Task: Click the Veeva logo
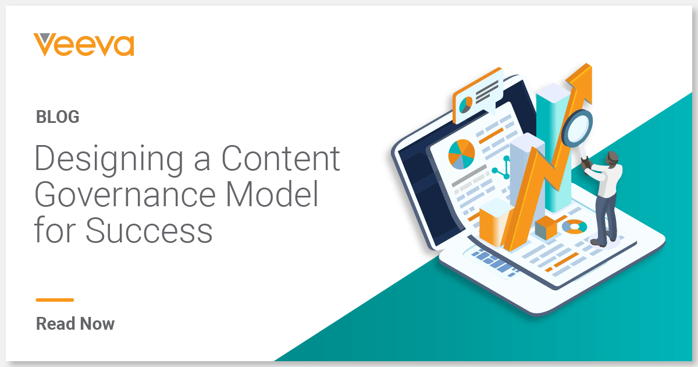click(84, 45)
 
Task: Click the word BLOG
click(58, 117)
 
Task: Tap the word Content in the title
click(280, 158)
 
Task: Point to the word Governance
click(125, 194)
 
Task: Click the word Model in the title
click(272, 193)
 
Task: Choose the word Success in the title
click(149, 230)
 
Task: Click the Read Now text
click(75, 324)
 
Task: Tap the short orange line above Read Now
click(55, 300)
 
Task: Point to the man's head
click(612, 158)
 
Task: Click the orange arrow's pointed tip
click(587, 65)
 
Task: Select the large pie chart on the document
click(461, 154)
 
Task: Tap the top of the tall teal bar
click(553, 93)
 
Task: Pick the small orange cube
click(546, 228)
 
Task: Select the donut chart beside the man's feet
click(575, 227)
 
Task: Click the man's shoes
click(603, 242)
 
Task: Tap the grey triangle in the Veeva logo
click(45, 37)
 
